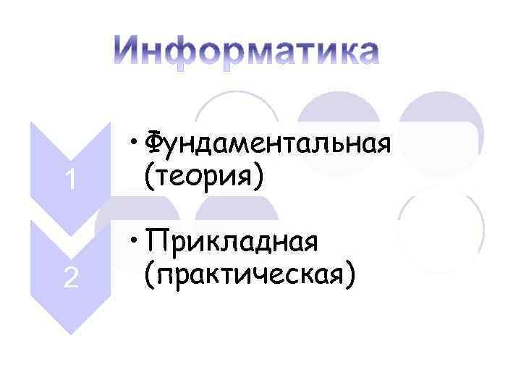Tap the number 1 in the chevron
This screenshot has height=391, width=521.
click(x=70, y=179)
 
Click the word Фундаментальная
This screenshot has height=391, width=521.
click(x=268, y=143)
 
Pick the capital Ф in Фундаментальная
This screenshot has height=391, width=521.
click(x=154, y=142)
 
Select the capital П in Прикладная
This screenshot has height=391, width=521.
click(x=153, y=241)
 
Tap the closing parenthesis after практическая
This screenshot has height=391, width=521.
click(x=350, y=274)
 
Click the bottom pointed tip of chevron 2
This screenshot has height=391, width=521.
click(x=70, y=332)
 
